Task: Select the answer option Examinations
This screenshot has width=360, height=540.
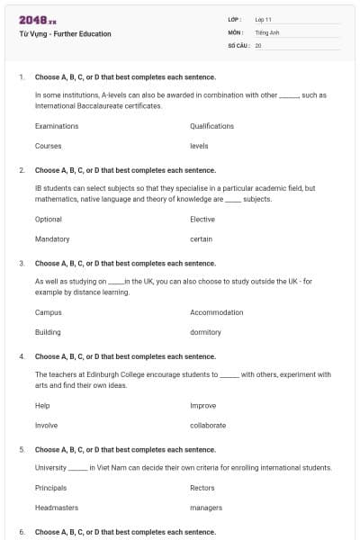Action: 57,126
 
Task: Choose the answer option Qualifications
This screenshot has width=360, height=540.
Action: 211,126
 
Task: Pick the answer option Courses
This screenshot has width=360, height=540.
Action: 48,146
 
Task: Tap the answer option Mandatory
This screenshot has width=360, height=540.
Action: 52,239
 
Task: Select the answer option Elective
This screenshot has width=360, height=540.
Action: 202,220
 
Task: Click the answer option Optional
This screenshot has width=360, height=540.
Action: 49,220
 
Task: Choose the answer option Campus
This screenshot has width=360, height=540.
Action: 49,312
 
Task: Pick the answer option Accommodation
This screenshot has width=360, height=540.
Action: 217,312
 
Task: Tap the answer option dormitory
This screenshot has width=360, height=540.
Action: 205,332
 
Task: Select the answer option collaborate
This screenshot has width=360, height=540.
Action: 208,425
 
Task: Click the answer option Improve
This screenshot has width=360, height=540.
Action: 202,406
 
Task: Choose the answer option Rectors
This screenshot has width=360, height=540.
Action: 202,488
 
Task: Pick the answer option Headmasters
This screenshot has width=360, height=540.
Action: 55,508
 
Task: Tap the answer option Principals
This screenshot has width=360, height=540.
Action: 50,488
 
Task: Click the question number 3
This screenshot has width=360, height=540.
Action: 22,264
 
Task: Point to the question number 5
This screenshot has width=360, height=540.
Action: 22,449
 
